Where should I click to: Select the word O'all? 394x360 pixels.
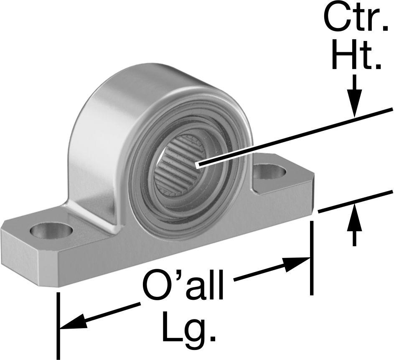pos(183,284)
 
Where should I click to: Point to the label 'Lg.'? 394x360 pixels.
pos(189,327)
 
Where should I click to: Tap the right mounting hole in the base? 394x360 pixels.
pos(269,172)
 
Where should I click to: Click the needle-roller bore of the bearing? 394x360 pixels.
pos(180,166)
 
